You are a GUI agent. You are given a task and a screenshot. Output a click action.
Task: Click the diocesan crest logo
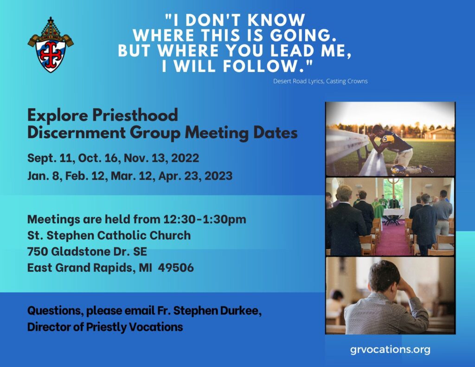tap(51, 45)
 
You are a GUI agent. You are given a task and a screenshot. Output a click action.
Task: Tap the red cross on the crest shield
tap(51, 52)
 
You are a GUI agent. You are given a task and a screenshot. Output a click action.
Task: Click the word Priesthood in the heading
tap(135, 116)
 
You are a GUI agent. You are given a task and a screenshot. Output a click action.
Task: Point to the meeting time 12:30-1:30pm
tap(205, 219)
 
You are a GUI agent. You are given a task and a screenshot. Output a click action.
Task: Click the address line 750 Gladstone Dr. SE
tap(87, 251)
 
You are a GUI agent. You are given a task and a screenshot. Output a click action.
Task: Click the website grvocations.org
tap(390, 349)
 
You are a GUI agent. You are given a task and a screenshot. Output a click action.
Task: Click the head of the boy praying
tap(385, 276)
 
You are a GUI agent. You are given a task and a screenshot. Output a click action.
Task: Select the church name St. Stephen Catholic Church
tap(109, 236)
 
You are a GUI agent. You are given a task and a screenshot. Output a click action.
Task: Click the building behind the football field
tap(440, 134)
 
